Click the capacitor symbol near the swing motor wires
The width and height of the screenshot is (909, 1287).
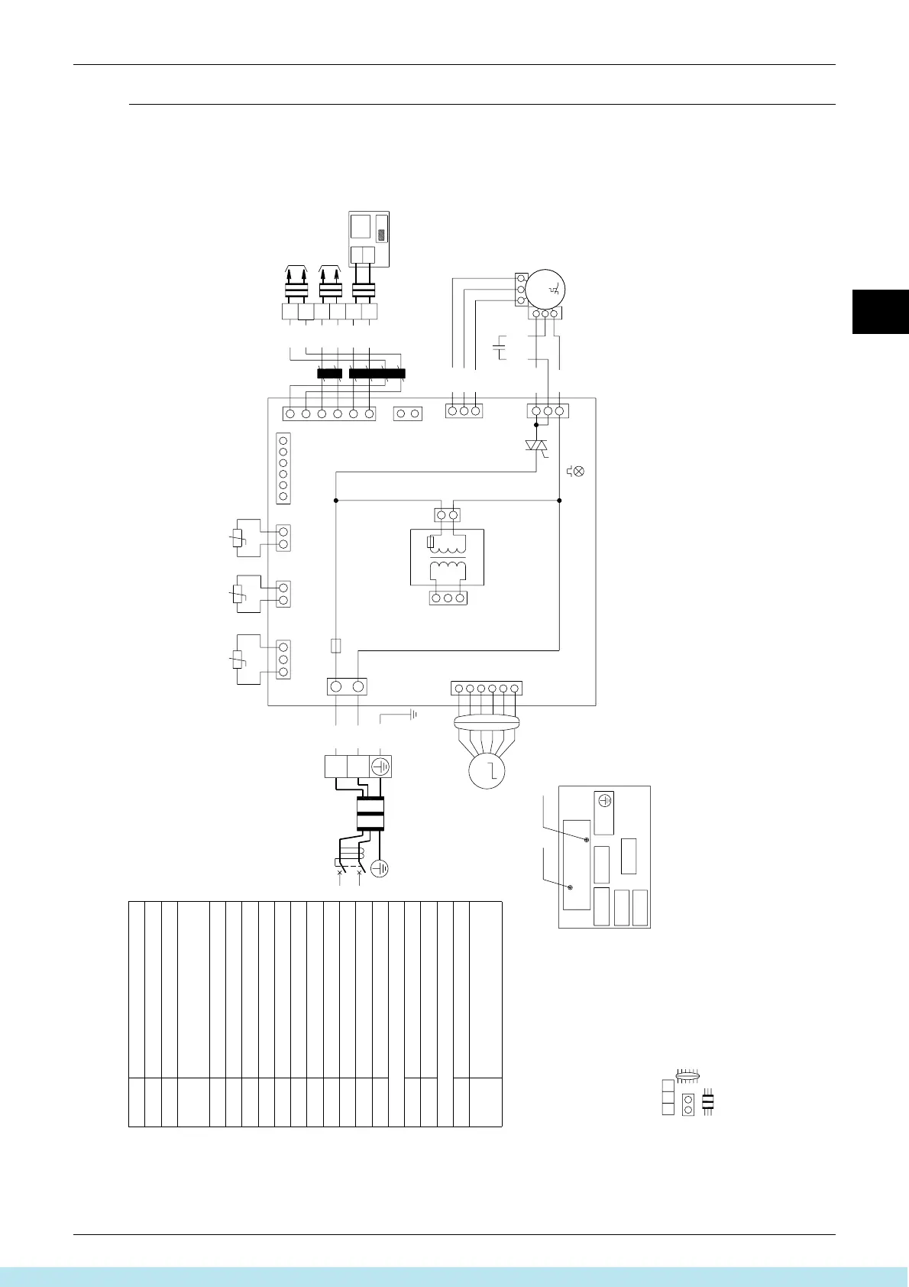[x=500, y=351]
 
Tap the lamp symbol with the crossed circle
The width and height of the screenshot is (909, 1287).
[x=578, y=471]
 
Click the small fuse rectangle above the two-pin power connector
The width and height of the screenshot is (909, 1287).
[x=335, y=646]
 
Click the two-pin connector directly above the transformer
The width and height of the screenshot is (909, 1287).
[x=448, y=515]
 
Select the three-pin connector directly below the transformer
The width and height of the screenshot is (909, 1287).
[x=448, y=598]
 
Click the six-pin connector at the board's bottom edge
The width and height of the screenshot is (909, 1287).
[x=487, y=689]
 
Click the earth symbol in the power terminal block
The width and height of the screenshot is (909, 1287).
[x=380, y=767]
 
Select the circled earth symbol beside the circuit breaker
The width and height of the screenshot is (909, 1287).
[x=380, y=868]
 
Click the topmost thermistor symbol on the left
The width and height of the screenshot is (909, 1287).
[x=238, y=538]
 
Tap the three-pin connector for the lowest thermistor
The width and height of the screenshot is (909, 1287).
[x=283, y=660]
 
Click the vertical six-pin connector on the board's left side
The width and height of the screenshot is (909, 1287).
[x=283, y=468]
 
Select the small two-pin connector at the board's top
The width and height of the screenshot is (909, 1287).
[x=408, y=413]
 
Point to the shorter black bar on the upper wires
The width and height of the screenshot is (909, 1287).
[x=329, y=374]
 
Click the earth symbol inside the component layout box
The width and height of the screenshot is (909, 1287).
[x=605, y=801]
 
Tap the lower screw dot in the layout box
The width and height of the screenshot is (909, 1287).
[x=571, y=887]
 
